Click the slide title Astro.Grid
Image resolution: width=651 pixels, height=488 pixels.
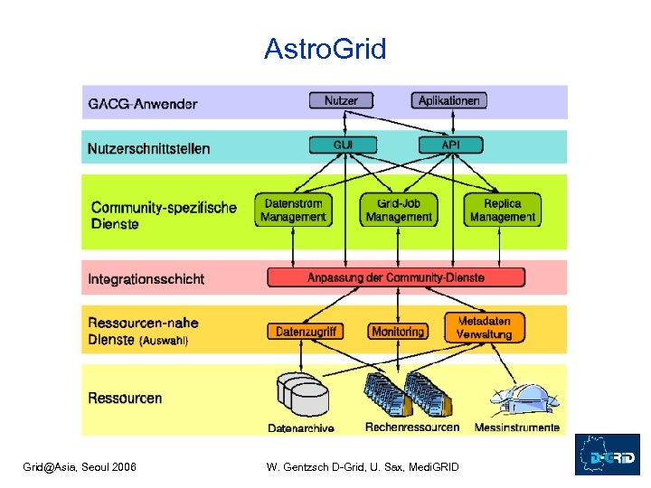coord(325,50)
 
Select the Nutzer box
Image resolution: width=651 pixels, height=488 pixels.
coord(341,100)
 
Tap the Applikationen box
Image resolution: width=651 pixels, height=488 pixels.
coord(449,100)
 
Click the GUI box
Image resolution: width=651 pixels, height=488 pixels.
coord(343,145)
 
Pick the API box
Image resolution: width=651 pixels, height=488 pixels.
coord(450,145)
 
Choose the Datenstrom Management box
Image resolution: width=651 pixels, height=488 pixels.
coord(293,210)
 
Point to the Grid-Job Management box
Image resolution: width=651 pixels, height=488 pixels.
coord(399,210)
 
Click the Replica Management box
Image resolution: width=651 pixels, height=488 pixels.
coord(503,210)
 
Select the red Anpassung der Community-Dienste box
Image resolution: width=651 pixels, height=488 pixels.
coord(396,277)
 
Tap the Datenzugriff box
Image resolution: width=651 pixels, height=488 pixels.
coord(307,332)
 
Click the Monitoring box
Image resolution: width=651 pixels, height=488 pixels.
coord(397,332)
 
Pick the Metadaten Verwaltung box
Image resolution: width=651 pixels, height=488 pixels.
coord(484,327)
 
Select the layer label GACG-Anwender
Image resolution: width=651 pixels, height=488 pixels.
coord(142,104)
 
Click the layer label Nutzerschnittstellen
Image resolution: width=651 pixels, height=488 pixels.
coord(148,148)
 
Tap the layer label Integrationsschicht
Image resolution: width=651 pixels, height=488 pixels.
coord(146,279)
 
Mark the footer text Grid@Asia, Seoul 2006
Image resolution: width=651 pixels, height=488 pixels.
coord(80,466)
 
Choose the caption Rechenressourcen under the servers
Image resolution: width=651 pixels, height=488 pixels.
coord(411,427)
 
